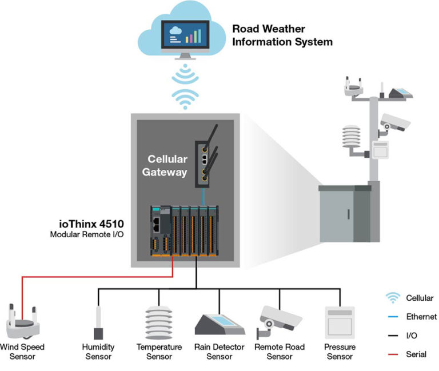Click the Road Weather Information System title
click(x=282, y=35)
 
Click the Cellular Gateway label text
click(x=167, y=165)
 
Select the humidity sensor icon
click(x=98, y=322)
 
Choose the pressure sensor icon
click(x=340, y=322)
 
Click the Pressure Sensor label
click(x=340, y=352)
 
